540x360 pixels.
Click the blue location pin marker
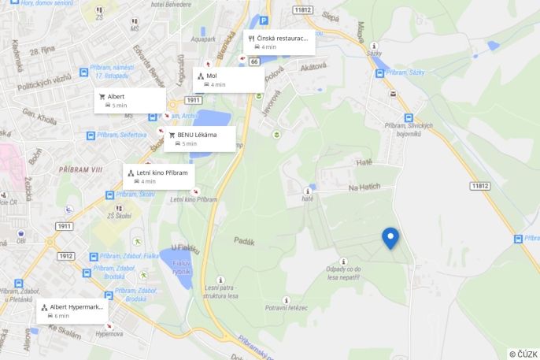click(x=390, y=237)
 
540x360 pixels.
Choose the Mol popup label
click(x=228, y=80)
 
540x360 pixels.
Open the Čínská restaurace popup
click(x=279, y=42)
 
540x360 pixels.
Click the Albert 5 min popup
click(x=130, y=100)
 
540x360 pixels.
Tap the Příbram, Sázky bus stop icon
click(x=379, y=73)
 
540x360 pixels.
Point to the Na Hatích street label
click(x=364, y=187)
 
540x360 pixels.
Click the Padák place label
click(x=243, y=240)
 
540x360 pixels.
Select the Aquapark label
click(x=202, y=38)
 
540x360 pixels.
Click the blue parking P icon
click(x=264, y=21)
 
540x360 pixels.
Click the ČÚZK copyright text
click(x=523, y=354)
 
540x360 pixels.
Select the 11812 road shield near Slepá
click(x=303, y=10)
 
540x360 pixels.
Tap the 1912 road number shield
click(x=65, y=256)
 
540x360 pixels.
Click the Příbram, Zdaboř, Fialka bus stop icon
click(x=93, y=257)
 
